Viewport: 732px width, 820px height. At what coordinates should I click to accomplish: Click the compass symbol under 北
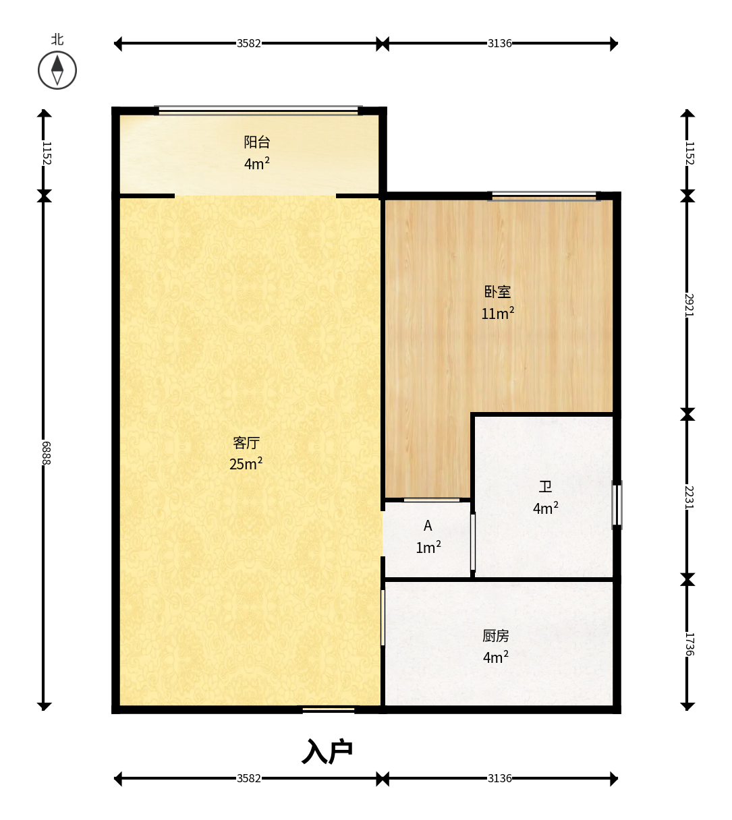pyautogui.click(x=57, y=70)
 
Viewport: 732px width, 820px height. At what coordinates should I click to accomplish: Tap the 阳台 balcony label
pyautogui.click(x=256, y=142)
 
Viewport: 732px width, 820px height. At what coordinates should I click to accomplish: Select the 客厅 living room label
pyautogui.click(x=246, y=443)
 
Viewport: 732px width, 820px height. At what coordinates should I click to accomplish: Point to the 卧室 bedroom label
pyautogui.click(x=498, y=292)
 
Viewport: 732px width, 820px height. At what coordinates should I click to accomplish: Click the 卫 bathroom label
pyautogui.click(x=545, y=486)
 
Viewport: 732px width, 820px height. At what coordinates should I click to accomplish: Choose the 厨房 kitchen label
pyautogui.click(x=496, y=637)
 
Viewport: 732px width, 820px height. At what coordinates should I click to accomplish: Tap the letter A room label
pyautogui.click(x=428, y=526)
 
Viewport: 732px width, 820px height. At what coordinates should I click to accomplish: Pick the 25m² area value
pyautogui.click(x=246, y=464)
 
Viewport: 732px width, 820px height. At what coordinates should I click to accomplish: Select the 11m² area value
pyautogui.click(x=498, y=314)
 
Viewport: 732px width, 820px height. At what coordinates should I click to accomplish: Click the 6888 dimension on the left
pyautogui.click(x=47, y=453)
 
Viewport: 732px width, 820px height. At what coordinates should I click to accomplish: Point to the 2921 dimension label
pyautogui.click(x=689, y=305)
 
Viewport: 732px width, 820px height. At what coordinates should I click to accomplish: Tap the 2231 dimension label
pyautogui.click(x=689, y=498)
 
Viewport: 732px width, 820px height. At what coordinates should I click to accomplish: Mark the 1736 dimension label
pyautogui.click(x=689, y=645)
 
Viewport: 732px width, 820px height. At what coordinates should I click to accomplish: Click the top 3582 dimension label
pyautogui.click(x=248, y=43)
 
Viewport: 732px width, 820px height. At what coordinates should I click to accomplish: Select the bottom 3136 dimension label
pyautogui.click(x=500, y=778)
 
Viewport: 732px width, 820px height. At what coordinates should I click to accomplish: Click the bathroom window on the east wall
pyautogui.click(x=617, y=504)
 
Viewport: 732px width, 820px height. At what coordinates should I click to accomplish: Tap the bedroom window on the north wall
pyautogui.click(x=544, y=196)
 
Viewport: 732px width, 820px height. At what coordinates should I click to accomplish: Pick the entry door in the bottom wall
pyautogui.click(x=329, y=709)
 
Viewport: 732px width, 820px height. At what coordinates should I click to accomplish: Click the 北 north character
pyautogui.click(x=57, y=39)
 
